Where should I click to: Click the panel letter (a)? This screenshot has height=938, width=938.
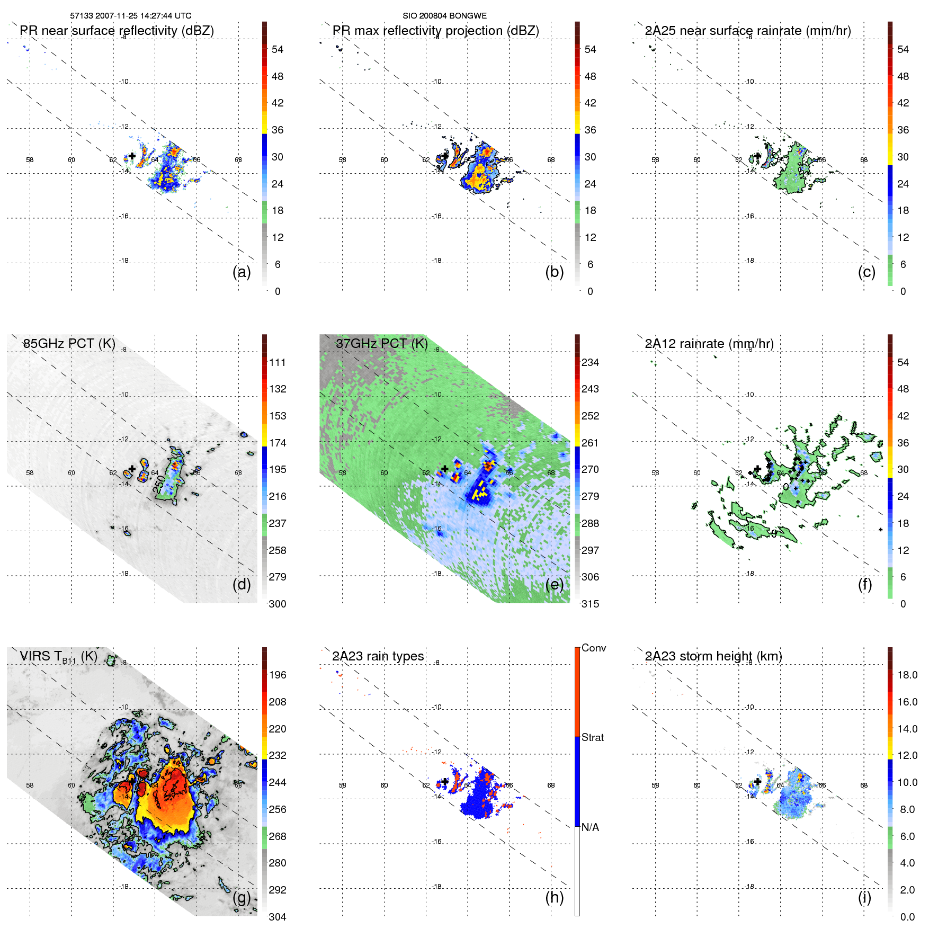click(x=242, y=272)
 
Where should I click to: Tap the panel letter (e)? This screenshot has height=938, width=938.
click(x=554, y=585)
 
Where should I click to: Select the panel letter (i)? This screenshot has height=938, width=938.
click(x=864, y=897)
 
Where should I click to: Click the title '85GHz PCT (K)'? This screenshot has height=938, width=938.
click(x=69, y=344)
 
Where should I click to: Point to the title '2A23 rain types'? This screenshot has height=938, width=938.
click(x=378, y=656)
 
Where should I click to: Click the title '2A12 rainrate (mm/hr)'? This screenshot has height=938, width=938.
click(x=709, y=344)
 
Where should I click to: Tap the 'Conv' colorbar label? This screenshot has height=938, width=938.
click(x=594, y=648)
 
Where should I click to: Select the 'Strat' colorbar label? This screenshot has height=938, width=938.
click(x=593, y=737)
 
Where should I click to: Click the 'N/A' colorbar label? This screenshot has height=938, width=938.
click(x=590, y=827)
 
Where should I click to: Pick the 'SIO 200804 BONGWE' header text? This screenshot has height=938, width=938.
click(x=444, y=16)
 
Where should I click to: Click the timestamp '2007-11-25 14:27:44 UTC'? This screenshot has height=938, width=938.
click(x=144, y=16)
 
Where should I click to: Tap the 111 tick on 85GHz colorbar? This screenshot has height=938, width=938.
click(x=278, y=362)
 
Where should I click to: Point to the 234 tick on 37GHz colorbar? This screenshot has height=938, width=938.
click(x=590, y=362)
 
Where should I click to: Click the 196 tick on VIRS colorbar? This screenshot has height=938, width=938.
click(x=278, y=675)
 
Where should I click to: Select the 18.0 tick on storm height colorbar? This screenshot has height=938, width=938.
click(x=907, y=675)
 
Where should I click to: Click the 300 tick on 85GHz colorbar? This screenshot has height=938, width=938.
click(x=278, y=604)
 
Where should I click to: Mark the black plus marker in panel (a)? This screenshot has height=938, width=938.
click(x=132, y=156)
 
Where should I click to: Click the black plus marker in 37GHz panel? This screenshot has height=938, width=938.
click(x=445, y=469)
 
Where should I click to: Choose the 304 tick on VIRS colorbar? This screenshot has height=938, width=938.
click(x=278, y=917)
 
